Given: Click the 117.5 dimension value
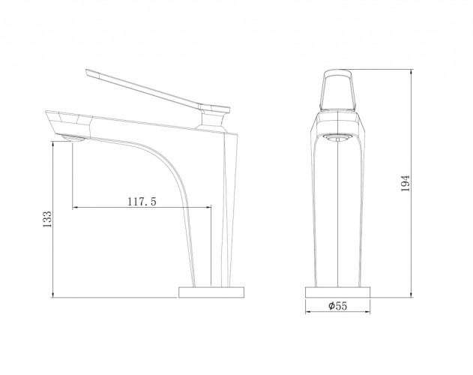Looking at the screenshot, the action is tap(142, 202).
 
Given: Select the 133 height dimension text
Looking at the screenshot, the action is tap(47, 220).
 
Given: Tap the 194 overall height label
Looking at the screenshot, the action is tap(406, 183).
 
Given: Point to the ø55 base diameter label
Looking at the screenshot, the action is tap(338, 306).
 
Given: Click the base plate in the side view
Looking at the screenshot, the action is tap(211, 292).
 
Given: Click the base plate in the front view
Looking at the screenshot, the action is tap(338, 292).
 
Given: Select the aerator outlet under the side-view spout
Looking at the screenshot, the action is tap(73, 138).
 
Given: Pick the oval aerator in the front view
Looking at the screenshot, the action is tap(337, 138).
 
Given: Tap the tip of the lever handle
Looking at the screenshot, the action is tap(86, 71).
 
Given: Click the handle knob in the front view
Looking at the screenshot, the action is tap(338, 91).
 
